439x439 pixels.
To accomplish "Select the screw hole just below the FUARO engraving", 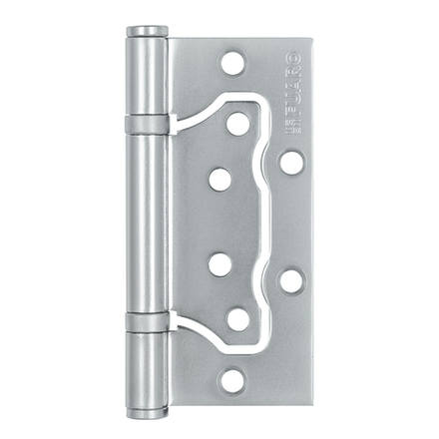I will click(290, 162).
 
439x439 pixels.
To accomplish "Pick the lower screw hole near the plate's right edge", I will click(290, 280).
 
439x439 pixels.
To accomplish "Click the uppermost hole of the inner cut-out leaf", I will click(237, 124).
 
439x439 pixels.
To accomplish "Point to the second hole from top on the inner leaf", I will click(220, 180).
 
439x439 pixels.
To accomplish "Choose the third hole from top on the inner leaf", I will click(220, 264).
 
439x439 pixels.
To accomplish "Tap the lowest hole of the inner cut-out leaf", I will click(237, 319).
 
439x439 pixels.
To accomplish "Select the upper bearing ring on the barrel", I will click(147, 125).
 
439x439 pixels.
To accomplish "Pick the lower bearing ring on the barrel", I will click(147, 320).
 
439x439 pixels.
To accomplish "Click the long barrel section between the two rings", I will click(147, 221).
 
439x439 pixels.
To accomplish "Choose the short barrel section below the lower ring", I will click(147, 364).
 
